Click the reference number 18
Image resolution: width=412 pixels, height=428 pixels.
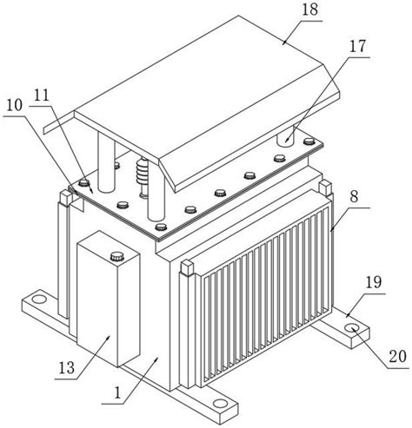tap(309, 10)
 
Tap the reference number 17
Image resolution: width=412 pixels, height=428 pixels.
tap(357, 47)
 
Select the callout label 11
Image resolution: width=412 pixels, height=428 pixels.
tap(42, 95)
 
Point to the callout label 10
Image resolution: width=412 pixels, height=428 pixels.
tap(14, 105)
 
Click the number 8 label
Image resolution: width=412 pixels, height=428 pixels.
tap(354, 197)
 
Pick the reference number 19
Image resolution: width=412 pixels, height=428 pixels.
tap(374, 283)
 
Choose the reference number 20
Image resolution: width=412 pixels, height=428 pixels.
tap(398, 357)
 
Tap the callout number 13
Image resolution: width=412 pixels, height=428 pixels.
tap(67, 368)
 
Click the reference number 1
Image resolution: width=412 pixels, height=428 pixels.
tap(117, 393)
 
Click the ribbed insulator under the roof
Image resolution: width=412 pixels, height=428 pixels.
tap(143, 171)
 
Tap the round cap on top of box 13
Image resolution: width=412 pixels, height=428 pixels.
tap(117, 257)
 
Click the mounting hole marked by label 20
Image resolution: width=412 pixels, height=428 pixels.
tap(353, 328)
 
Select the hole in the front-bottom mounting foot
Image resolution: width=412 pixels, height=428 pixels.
tap(220, 404)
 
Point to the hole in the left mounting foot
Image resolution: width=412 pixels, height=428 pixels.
tap(38, 299)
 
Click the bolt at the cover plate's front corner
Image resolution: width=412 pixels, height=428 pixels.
tap(162, 227)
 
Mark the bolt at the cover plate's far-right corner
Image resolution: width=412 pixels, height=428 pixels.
tap(309, 142)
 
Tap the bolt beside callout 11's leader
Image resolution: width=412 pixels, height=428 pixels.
tap(84, 182)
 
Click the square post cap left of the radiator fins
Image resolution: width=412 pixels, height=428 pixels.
tap(187, 267)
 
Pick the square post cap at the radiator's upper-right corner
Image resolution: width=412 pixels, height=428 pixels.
tap(325, 187)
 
